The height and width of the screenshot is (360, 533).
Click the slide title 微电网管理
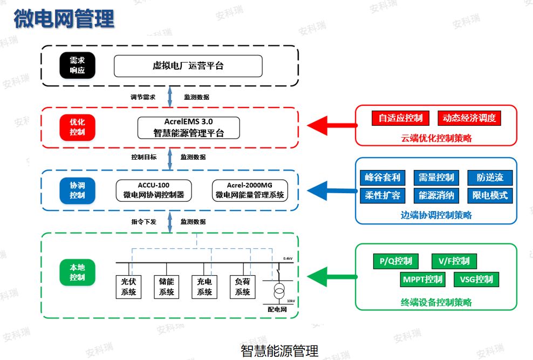coord(64,18)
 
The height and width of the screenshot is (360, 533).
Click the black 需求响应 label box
coord(77,65)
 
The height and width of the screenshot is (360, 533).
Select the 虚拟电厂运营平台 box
coord(188,66)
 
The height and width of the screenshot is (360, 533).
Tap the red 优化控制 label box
coord(77,127)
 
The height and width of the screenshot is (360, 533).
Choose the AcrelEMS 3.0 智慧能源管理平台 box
coord(188,127)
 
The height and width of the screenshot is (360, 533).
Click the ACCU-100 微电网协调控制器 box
coord(154,190)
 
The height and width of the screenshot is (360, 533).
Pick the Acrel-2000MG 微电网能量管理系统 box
coord(250,190)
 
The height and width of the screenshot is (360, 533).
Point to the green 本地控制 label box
coord(77,272)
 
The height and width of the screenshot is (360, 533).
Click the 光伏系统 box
coord(128,287)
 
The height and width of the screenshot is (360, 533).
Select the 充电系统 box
coord(204,287)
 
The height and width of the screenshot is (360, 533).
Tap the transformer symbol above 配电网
coord(278,292)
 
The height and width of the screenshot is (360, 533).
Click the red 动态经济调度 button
coord(469,118)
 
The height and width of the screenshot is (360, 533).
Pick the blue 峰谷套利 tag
coord(382,177)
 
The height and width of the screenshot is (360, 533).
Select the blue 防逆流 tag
coord(489,177)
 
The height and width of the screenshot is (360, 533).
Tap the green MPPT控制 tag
coord(422,280)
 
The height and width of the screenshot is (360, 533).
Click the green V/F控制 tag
coord(454,261)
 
